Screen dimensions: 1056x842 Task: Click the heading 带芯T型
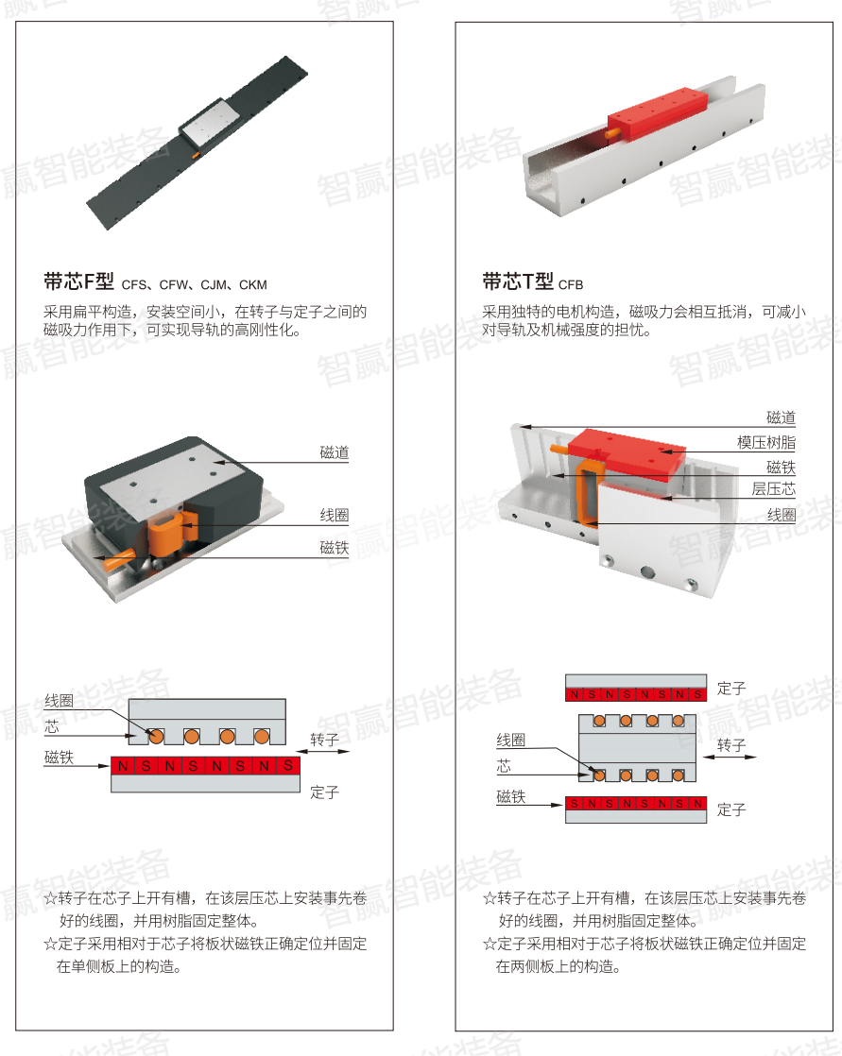pos(517,281)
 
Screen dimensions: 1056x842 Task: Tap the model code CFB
pos(571,284)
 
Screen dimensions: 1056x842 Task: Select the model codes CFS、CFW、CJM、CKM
pos(194,284)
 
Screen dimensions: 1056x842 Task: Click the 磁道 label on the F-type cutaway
pos(334,452)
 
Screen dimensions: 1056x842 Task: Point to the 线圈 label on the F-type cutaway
pos(334,516)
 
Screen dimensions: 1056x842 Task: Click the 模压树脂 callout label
pos(765,442)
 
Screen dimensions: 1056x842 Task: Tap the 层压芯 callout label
pos(773,489)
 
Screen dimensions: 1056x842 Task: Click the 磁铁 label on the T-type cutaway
pos(781,467)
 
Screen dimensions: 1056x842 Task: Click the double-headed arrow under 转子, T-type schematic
pos(730,758)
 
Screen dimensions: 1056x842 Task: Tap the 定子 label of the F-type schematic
pos(324,792)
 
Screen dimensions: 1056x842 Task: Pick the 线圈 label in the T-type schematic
pos(511,741)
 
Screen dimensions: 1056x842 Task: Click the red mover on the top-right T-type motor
pos(658,114)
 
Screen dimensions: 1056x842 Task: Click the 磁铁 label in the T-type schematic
pos(511,796)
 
